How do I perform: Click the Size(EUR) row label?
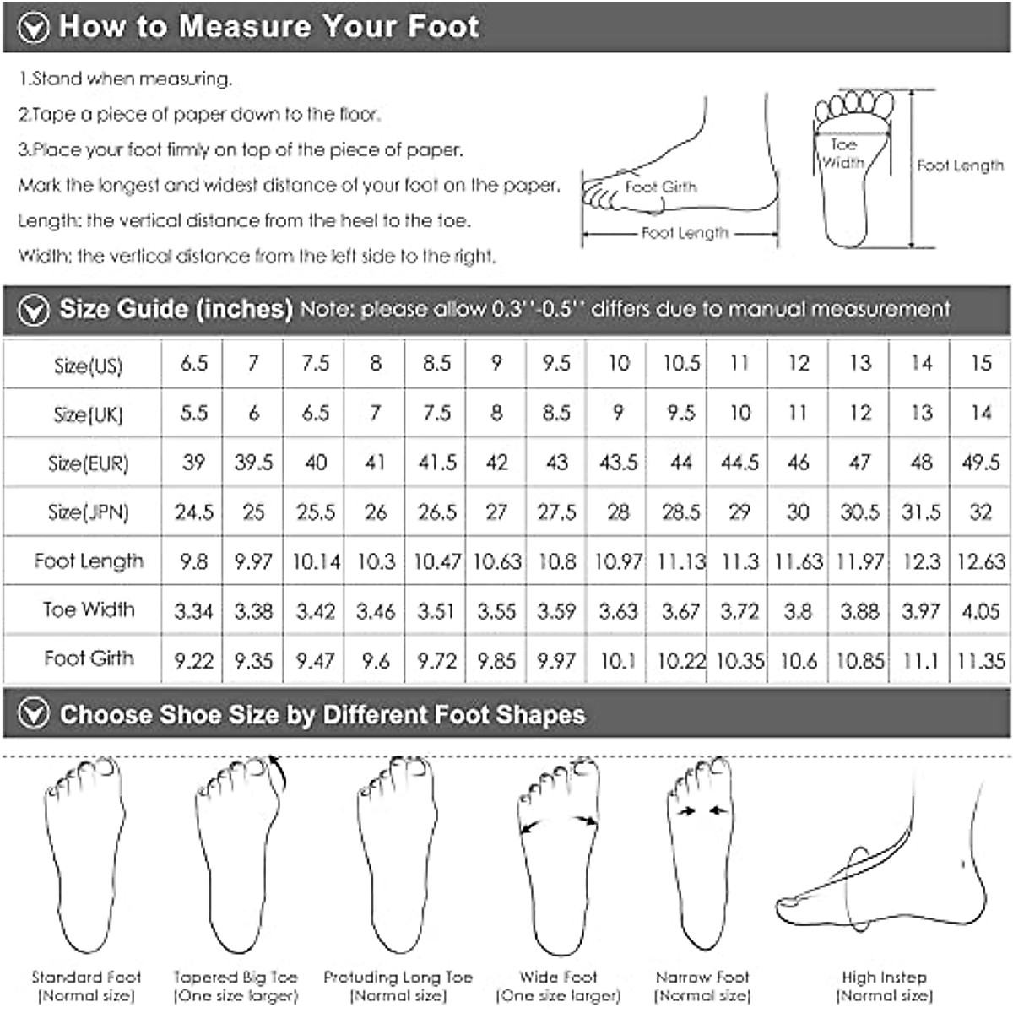(88, 463)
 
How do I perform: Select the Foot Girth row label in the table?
(89, 658)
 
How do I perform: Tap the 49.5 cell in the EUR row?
(980, 463)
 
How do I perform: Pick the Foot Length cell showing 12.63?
(980, 561)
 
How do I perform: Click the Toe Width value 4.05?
(980, 610)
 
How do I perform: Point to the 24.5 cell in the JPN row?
(193, 512)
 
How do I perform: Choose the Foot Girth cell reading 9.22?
(193, 660)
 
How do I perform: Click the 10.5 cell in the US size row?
(680, 363)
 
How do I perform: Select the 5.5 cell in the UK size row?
(193, 413)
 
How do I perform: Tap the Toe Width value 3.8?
(798, 610)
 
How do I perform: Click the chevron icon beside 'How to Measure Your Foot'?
(33, 28)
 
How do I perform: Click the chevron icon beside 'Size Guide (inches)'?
(34, 310)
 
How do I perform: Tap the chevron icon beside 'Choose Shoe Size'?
(34, 715)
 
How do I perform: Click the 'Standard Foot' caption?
(86, 978)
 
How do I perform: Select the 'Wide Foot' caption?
(558, 978)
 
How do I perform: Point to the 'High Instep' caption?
(884, 978)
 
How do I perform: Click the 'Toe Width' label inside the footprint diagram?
(842, 154)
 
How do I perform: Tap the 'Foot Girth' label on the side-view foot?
(661, 187)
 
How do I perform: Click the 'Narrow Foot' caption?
(702, 978)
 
